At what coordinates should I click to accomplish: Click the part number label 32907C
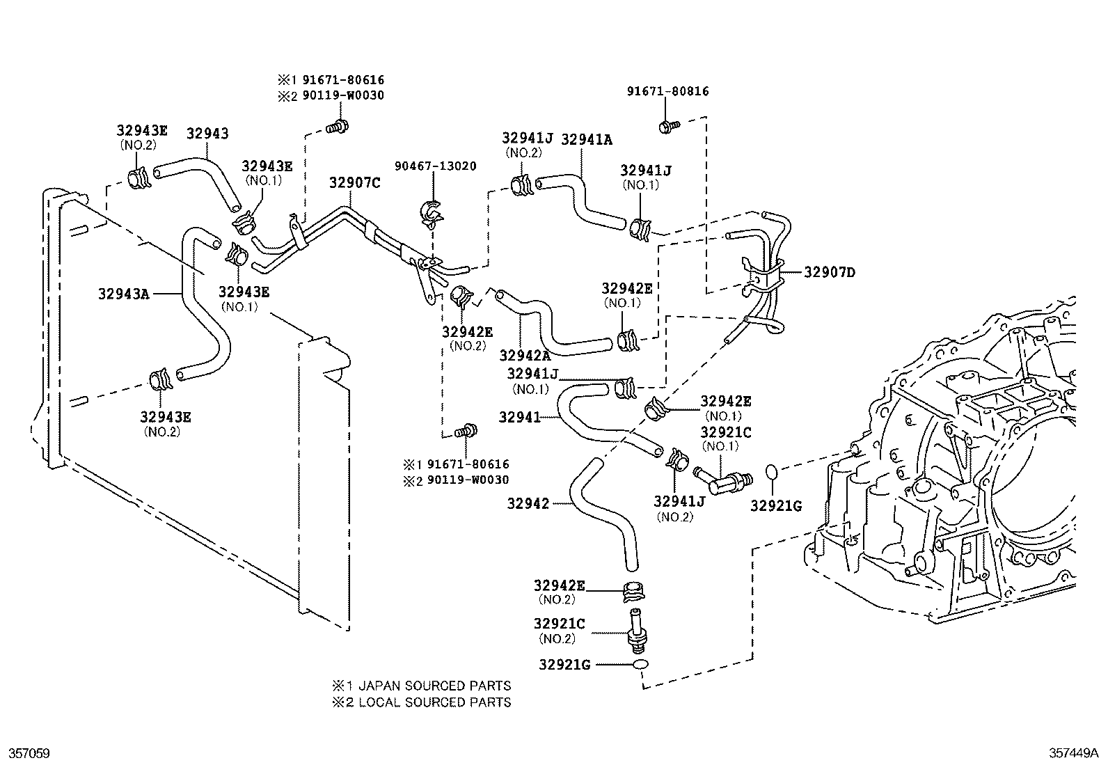coord(354,183)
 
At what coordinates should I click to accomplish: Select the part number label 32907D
coord(829,272)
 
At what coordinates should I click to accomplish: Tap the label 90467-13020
coord(435,166)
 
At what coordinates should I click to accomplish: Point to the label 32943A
coord(123,294)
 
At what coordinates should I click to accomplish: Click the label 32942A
coord(525,356)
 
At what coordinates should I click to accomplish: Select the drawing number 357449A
coord(1073,753)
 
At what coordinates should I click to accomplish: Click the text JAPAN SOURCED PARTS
coord(435,686)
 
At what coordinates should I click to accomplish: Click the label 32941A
coord(586,139)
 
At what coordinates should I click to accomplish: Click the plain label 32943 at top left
coord(207,133)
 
